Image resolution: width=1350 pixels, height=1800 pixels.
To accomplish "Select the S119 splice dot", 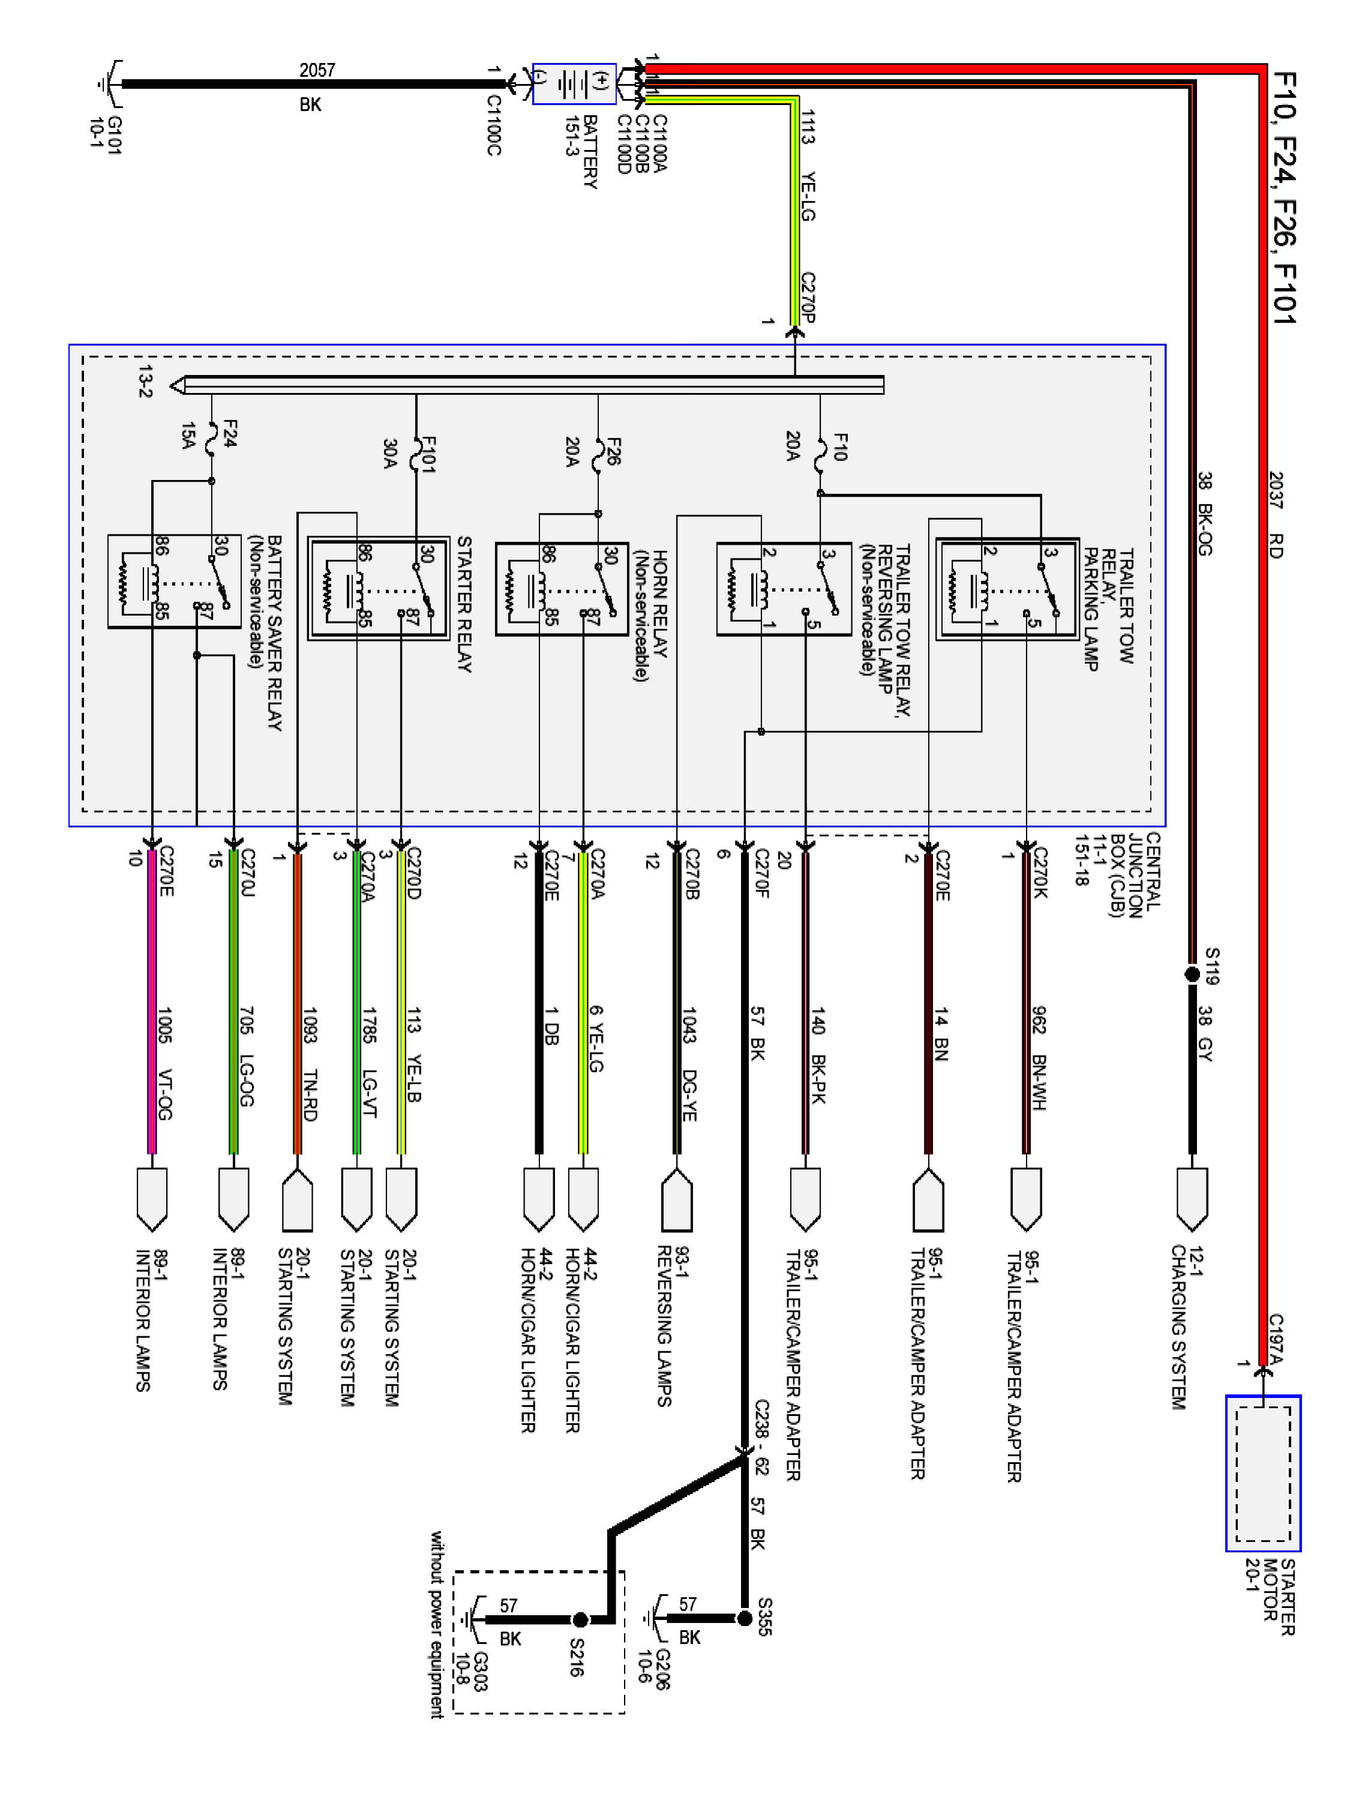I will click(x=1192, y=973).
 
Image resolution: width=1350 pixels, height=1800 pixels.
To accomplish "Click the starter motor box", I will click(x=1263, y=1473).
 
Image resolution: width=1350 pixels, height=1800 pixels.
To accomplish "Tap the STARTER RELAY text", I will click(x=464, y=604).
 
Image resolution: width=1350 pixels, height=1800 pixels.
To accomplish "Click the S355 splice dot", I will click(x=744, y=1618).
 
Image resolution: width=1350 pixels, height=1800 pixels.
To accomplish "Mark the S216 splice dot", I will click(x=580, y=1619).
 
